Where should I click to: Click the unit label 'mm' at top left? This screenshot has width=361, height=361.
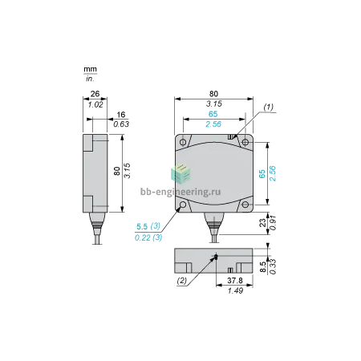[x=90, y=70]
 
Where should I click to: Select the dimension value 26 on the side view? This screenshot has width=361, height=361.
[x=95, y=94]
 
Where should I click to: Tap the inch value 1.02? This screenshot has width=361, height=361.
[x=95, y=104]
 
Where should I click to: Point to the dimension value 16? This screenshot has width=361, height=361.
[x=121, y=115]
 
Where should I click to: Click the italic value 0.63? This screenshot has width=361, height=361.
[x=121, y=124]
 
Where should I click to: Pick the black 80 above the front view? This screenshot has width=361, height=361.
[x=213, y=94]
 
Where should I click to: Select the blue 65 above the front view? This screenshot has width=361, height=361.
[x=213, y=114]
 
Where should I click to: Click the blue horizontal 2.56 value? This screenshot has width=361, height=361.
[x=213, y=124]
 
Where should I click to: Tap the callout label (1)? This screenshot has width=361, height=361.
[x=269, y=107]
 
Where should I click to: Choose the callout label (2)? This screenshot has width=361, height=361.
[x=181, y=281]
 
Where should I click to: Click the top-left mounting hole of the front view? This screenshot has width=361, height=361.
[x=183, y=142]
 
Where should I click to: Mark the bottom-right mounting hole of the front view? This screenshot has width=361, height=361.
[x=245, y=205]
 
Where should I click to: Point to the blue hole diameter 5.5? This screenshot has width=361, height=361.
[x=142, y=227]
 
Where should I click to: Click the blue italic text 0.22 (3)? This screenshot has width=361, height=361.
[x=148, y=237]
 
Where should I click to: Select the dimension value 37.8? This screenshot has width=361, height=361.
[x=235, y=280]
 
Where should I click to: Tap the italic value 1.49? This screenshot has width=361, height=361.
[x=235, y=290]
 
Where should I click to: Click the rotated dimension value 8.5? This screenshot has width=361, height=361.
[x=263, y=267]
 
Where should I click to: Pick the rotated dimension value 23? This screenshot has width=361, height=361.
[x=263, y=223]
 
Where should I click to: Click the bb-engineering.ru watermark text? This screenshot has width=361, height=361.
[x=180, y=192]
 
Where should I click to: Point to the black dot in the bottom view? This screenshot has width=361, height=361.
[x=216, y=257]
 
